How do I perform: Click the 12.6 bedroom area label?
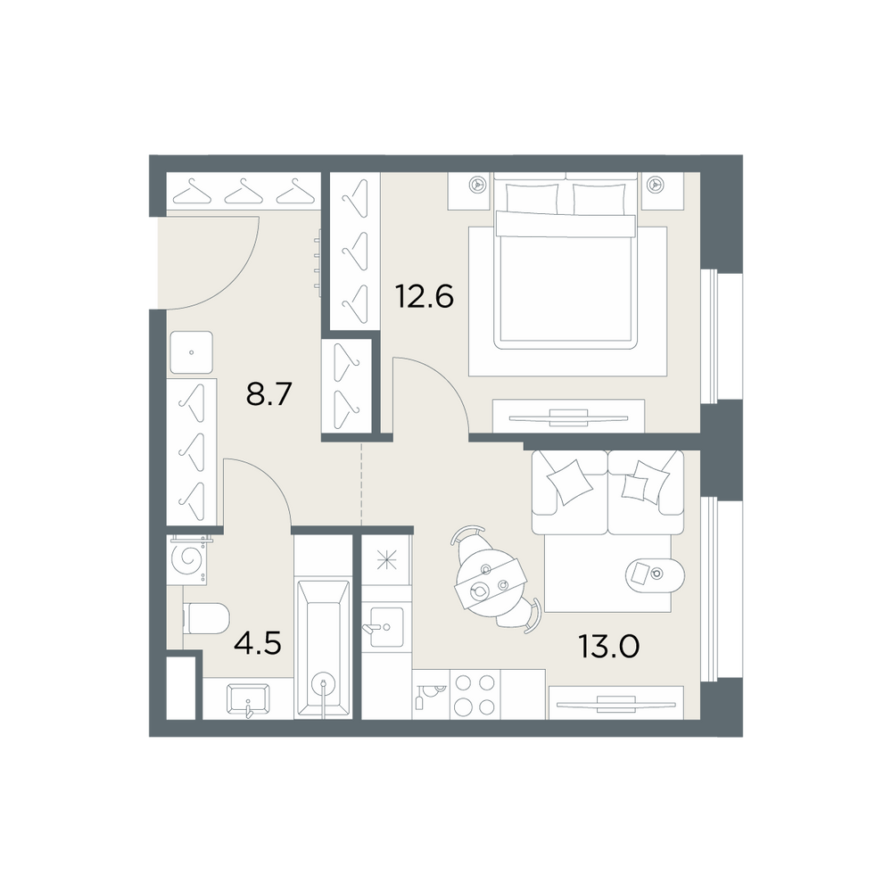pyautogui.click(x=425, y=296)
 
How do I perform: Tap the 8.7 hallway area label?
pyautogui.click(x=268, y=393)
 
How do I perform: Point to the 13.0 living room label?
pyautogui.click(x=608, y=647)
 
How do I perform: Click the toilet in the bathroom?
pyautogui.click(x=207, y=618)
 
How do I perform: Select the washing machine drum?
pyautogui.click(x=191, y=560)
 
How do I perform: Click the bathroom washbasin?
pyautogui.click(x=248, y=698)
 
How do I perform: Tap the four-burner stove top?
pyautogui.click(x=475, y=694)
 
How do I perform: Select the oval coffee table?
pyautogui.click(x=655, y=574)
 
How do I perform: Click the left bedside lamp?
pyautogui.click(x=475, y=184)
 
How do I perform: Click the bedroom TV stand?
pyautogui.click(x=568, y=416)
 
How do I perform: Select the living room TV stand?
pyautogui.click(x=615, y=703)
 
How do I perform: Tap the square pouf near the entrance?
pyautogui.click(x=191, y=352)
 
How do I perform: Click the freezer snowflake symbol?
pyautogui.click(x=386, y=560)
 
